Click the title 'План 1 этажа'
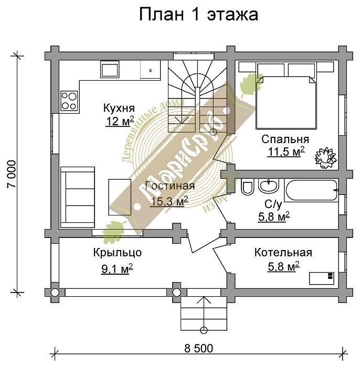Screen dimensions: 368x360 click(198, 15)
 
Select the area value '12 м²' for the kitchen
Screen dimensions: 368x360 click(119, 121)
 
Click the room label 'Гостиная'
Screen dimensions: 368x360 click(169, 186)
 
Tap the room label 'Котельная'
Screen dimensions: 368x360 click(283, 253)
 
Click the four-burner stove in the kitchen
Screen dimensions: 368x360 click(69, 100)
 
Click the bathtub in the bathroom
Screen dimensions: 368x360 click(311, 189)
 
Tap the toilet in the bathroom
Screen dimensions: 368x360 click(248, 187)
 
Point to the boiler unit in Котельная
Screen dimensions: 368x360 click(322, 278)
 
